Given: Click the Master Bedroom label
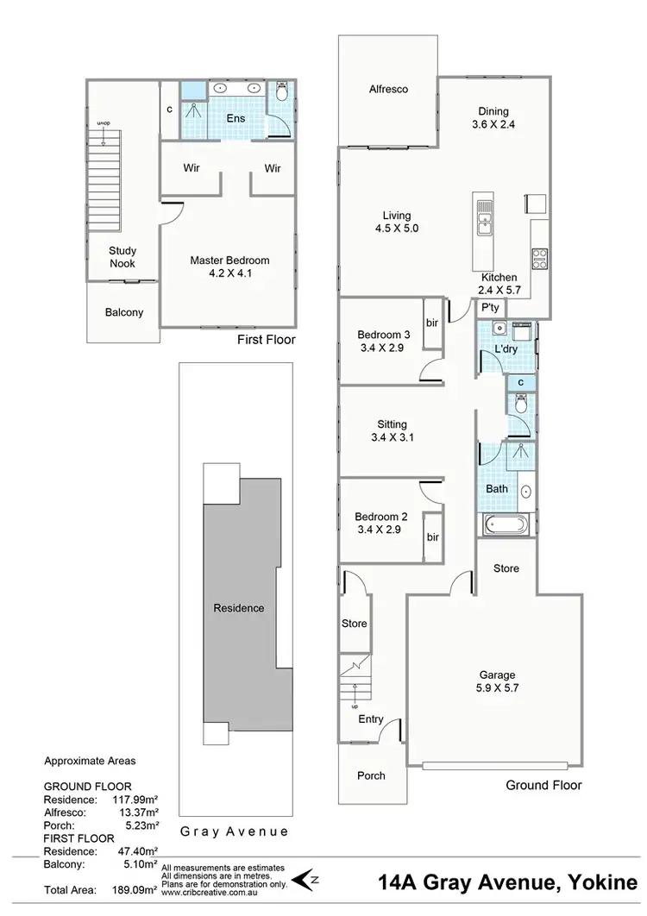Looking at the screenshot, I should [229, 260].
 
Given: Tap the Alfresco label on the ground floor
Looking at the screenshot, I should [388, 89].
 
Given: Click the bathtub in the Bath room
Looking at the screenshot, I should [502, 523].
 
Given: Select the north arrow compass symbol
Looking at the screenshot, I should [302, 879].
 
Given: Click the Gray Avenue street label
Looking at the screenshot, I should [234, 832].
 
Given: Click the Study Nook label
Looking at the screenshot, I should [122, 257].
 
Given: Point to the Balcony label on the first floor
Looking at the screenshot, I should [123, 313].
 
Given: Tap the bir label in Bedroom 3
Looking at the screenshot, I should [432, 323].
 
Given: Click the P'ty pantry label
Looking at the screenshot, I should [491, 308].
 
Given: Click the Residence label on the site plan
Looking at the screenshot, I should [239, 608].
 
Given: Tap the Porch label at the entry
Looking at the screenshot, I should [372, 775].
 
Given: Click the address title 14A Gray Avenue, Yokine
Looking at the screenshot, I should [507, 883].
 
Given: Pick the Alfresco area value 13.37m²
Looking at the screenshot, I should [137, 799].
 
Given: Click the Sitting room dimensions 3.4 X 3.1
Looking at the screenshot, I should [393, 437].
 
